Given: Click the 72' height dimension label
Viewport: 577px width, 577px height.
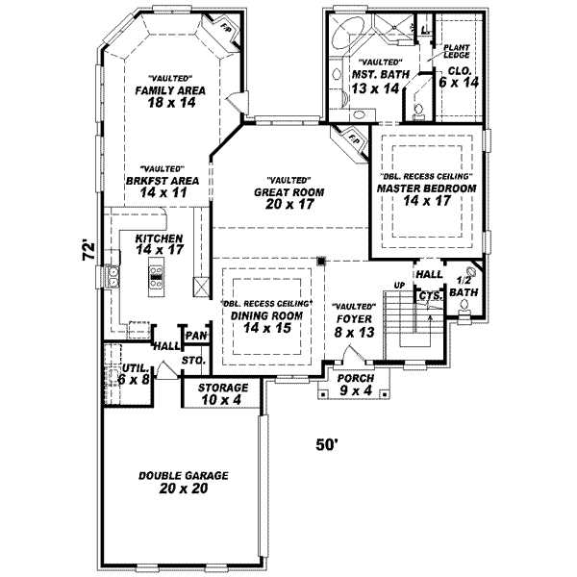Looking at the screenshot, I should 87,252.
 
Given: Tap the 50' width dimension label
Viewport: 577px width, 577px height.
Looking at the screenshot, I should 329,444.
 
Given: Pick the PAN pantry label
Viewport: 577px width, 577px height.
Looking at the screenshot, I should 197,335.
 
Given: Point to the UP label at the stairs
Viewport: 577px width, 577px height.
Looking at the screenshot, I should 400,285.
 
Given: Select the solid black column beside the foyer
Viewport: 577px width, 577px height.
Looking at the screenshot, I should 322,260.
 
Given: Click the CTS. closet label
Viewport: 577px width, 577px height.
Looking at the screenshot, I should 430,296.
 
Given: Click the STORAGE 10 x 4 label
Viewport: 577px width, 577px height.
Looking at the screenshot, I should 223,391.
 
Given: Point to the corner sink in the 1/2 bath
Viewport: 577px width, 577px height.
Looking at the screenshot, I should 471,271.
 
